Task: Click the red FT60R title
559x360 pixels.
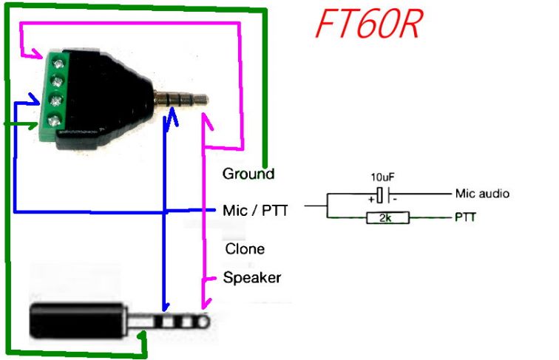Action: [368, 25]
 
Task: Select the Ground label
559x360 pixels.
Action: [248, 174]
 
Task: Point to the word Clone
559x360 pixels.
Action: [244, 248]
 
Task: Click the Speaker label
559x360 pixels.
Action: [252, 278]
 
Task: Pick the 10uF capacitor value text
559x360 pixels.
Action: [382, 178]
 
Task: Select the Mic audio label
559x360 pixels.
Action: [481, 194]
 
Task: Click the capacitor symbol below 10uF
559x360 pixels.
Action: [382, 194]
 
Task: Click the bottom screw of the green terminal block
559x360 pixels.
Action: [54, 120]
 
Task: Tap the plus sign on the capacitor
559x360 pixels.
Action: [370, 198]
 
